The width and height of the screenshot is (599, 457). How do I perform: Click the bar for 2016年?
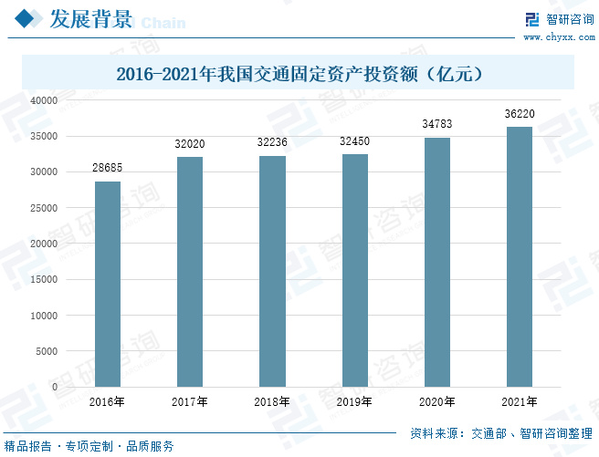point(108,284)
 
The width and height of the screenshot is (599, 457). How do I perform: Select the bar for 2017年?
point(190,272)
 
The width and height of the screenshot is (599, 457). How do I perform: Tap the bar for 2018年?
point(272,271)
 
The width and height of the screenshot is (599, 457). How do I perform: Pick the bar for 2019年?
point(355,270)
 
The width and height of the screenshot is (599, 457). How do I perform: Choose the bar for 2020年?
point(437,262)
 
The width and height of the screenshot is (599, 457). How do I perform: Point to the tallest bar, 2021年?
point(520,256)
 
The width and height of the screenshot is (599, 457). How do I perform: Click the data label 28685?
point(108,169)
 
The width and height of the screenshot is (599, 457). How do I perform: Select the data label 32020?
point(190,144)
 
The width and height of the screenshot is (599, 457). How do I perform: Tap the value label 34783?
point(437,124)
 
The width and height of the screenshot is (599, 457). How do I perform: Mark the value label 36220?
point(520,114)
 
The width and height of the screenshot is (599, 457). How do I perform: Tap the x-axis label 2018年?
point(272,401)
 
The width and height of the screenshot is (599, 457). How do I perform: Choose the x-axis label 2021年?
point(520,401)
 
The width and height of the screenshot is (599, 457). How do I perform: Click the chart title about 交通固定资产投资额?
point(299,73)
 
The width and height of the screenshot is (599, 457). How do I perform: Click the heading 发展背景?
point(89,19)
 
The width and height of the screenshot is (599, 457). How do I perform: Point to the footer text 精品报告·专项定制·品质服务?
point(89,446)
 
